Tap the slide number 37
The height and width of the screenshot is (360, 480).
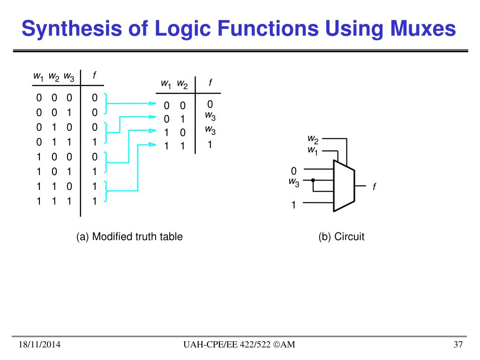458,345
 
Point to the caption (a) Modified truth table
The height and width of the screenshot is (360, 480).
129,237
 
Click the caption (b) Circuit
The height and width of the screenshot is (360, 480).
341,237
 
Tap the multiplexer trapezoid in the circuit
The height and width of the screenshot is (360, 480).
345,186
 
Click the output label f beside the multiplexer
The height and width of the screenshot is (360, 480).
375,187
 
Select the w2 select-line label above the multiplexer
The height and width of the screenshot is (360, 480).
313,139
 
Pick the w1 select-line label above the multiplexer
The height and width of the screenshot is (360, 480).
313,150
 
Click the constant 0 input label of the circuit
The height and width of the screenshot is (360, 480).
294,170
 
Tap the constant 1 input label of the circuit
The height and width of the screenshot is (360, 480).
294,205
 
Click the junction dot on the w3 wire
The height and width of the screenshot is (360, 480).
313,180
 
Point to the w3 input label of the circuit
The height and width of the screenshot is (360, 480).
294,182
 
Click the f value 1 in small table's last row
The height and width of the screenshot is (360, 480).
210,145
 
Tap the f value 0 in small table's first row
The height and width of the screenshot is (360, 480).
210,104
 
